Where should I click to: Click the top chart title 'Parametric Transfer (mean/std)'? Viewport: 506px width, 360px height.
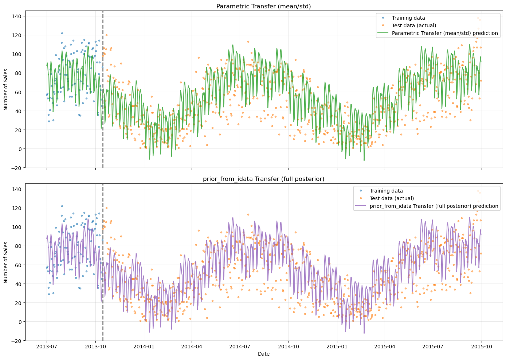point(264,6)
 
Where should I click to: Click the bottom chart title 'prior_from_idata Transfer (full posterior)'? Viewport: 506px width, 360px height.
point(264,179)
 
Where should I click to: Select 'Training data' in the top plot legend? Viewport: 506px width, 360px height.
point(408,18)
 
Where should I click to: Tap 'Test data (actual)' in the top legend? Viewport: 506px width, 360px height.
point(414,25)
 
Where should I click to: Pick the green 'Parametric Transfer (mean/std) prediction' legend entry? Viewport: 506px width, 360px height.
point(444,33)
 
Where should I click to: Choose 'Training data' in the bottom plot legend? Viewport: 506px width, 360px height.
point(386,191)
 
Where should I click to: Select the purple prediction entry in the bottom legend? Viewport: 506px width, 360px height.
point(434,206)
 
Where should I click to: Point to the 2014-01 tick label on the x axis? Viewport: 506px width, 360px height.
point(144,346)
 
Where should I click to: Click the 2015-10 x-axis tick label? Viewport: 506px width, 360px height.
point(482,346)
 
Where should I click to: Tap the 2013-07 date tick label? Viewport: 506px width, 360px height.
point(47,346)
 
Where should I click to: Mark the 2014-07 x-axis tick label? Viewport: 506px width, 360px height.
point(239,346)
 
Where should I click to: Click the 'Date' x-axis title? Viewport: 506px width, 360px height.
point(264,354)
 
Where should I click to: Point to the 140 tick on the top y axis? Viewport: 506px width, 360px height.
point(18,16)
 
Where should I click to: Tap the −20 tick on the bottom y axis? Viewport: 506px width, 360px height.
point(18,341)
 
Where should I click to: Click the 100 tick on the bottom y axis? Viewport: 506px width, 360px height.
point(18,227)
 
